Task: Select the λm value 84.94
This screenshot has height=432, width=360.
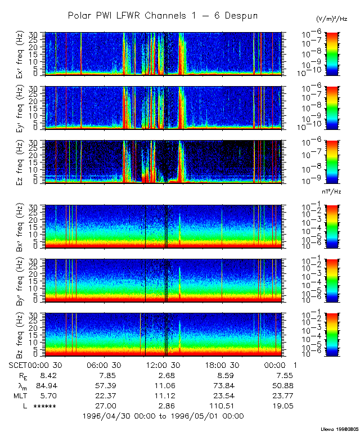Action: click(45, 385)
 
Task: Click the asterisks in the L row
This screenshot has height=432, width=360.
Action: click(45, 406)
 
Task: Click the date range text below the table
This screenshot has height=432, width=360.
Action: click(163, 416)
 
